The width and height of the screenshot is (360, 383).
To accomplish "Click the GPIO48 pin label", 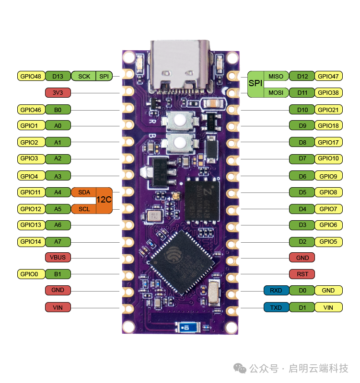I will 31,76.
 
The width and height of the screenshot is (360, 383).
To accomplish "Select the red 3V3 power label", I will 58,92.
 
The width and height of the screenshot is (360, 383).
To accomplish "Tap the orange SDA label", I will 84,192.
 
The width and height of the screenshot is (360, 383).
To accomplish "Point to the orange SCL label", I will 84,209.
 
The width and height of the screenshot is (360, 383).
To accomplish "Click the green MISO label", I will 276,76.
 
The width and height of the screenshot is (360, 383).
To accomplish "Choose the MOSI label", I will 276,92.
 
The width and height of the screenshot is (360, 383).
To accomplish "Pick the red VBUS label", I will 58,258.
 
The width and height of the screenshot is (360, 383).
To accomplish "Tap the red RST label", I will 302,274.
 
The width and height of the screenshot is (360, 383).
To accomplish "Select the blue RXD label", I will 276,291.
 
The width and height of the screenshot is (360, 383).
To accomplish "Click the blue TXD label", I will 276,307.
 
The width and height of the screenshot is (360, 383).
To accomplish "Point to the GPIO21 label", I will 328,110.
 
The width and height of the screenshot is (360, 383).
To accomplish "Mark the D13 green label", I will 58,76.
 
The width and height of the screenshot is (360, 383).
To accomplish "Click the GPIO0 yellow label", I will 31,274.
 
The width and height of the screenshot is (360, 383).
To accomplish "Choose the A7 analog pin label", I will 58,241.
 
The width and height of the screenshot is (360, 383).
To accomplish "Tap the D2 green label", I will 302,241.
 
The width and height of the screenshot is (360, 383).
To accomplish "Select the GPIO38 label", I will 328,92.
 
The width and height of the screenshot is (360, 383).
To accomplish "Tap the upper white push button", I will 180,122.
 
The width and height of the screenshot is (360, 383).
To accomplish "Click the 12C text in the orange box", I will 104,201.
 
